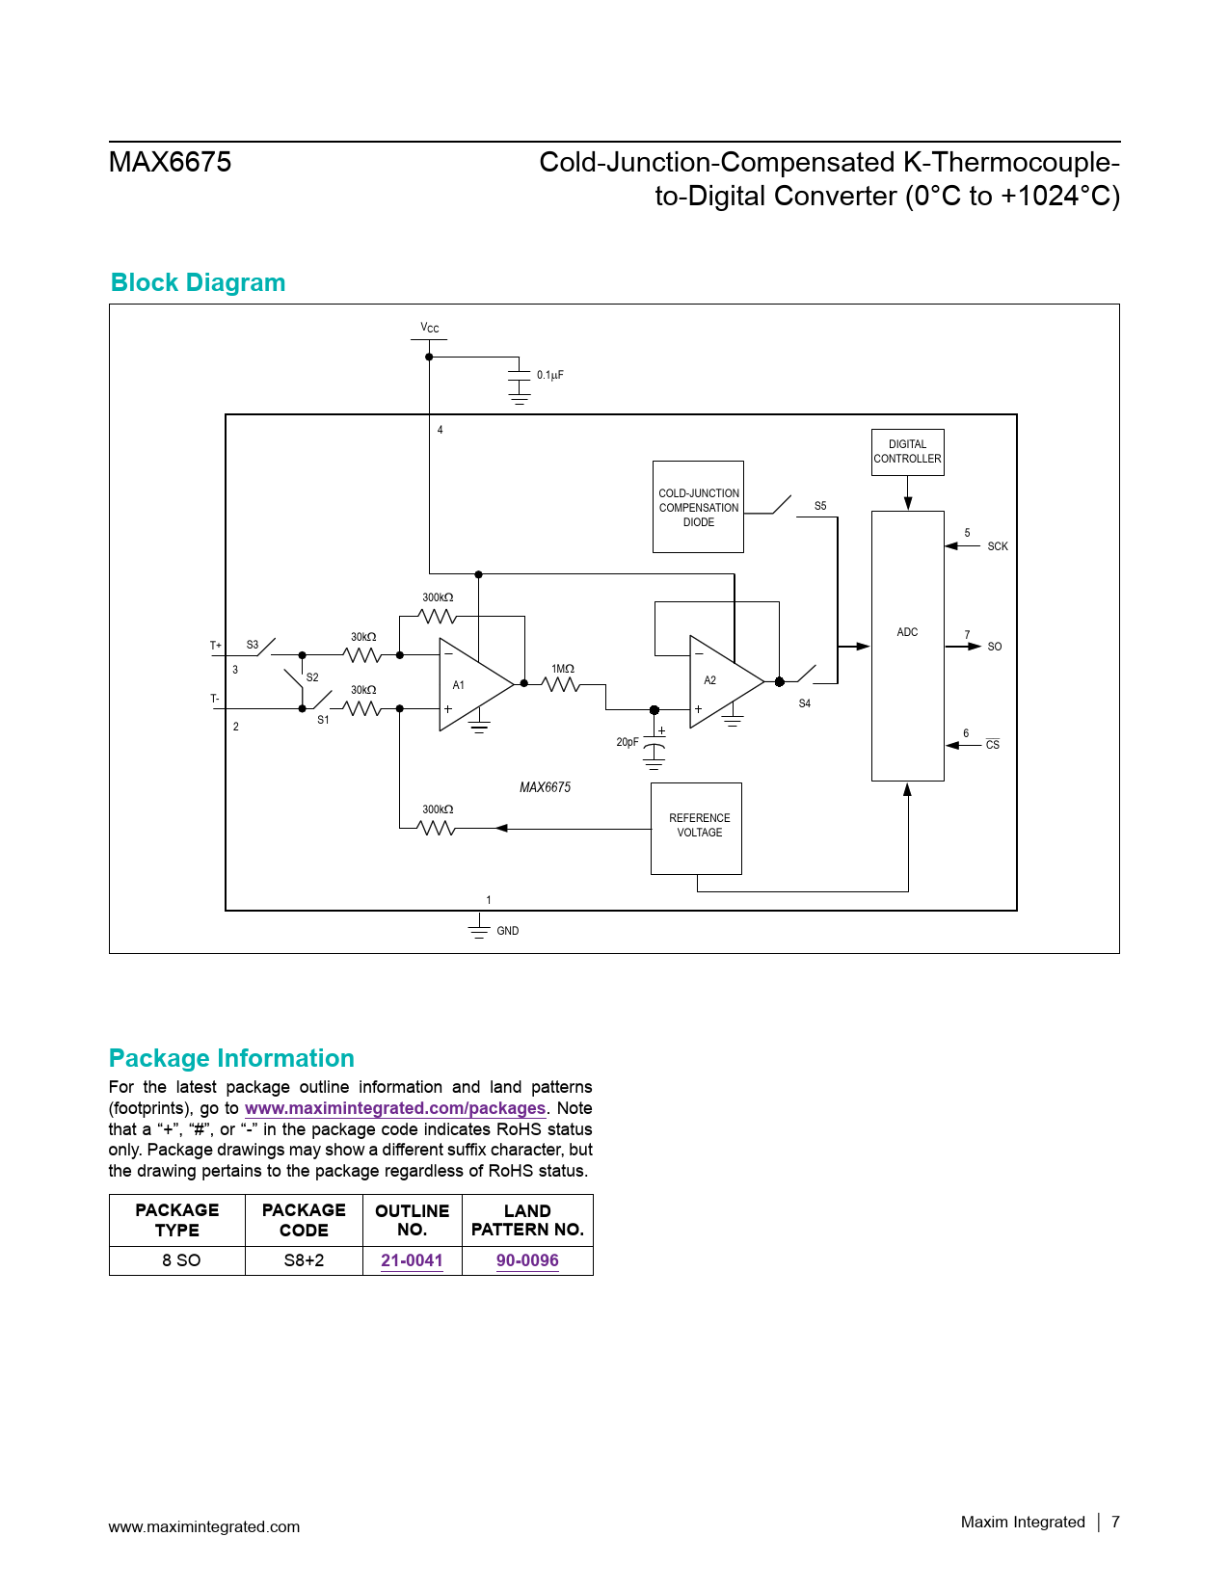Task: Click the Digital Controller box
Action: [x=907, y=452]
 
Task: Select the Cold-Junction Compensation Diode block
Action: [x=698, y=507]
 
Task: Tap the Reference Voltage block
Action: [x=696, y=828]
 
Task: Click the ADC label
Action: [x=907, y=632]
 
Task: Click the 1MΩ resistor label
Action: [x=563, y=669]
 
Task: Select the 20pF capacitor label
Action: [x=627, y=742]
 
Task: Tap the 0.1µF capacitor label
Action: [x=550, y=375]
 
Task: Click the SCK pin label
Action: [x=998, y=546]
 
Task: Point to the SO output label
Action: [x=995, y=647]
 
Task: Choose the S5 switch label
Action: [x=820, y=506]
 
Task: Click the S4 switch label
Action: [x=805, y=703]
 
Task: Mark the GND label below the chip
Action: [x=508, y=931]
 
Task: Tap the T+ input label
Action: [x=216, y=646]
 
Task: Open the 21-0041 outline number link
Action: [x=412, y=1260]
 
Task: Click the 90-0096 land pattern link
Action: [x=527, y=1260]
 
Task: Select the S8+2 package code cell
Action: [x=304, y=1260]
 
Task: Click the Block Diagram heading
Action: [x=198, y=282]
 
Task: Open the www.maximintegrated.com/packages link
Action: [x=395, y=1108]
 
